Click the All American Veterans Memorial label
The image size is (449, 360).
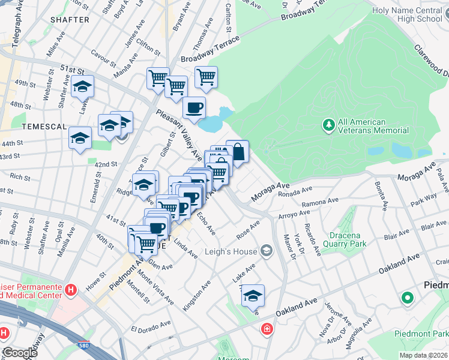[x=373, y=126]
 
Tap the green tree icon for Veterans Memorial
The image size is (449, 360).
[x=328, y=125]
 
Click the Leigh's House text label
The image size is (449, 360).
[x=231, y=251]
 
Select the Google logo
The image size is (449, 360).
[x=20, y=353]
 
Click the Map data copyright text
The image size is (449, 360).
[x=423, y=355]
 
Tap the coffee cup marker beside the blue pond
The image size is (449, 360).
[x=194, y=108]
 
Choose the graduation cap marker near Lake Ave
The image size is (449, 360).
[x=253, y=296]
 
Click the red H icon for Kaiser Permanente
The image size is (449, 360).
[x=71, y=290]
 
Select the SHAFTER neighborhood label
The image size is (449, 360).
[x=70, y=20]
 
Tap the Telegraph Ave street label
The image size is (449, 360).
[x=13, y=29]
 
